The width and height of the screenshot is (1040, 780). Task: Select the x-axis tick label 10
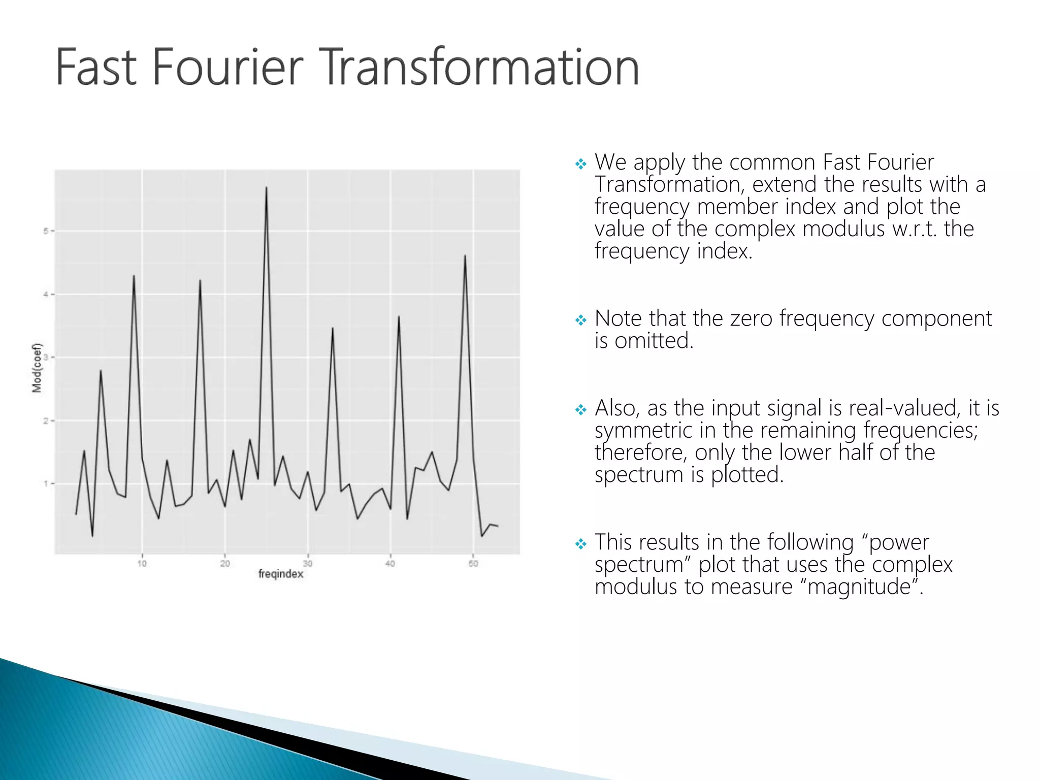coord(142,563)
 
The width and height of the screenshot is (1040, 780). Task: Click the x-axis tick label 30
coord(308,563)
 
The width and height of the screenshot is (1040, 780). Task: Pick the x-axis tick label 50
coord(473,563)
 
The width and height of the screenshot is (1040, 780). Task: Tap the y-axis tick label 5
coord(46,231)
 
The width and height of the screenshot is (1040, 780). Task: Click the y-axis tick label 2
coord(46,421)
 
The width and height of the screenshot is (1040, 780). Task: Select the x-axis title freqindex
coord(281,574)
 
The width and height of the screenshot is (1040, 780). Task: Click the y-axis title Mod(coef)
coord(37,368)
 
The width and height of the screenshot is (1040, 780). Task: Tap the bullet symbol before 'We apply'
coord(580,164)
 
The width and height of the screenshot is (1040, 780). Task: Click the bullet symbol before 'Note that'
coord(580,320)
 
